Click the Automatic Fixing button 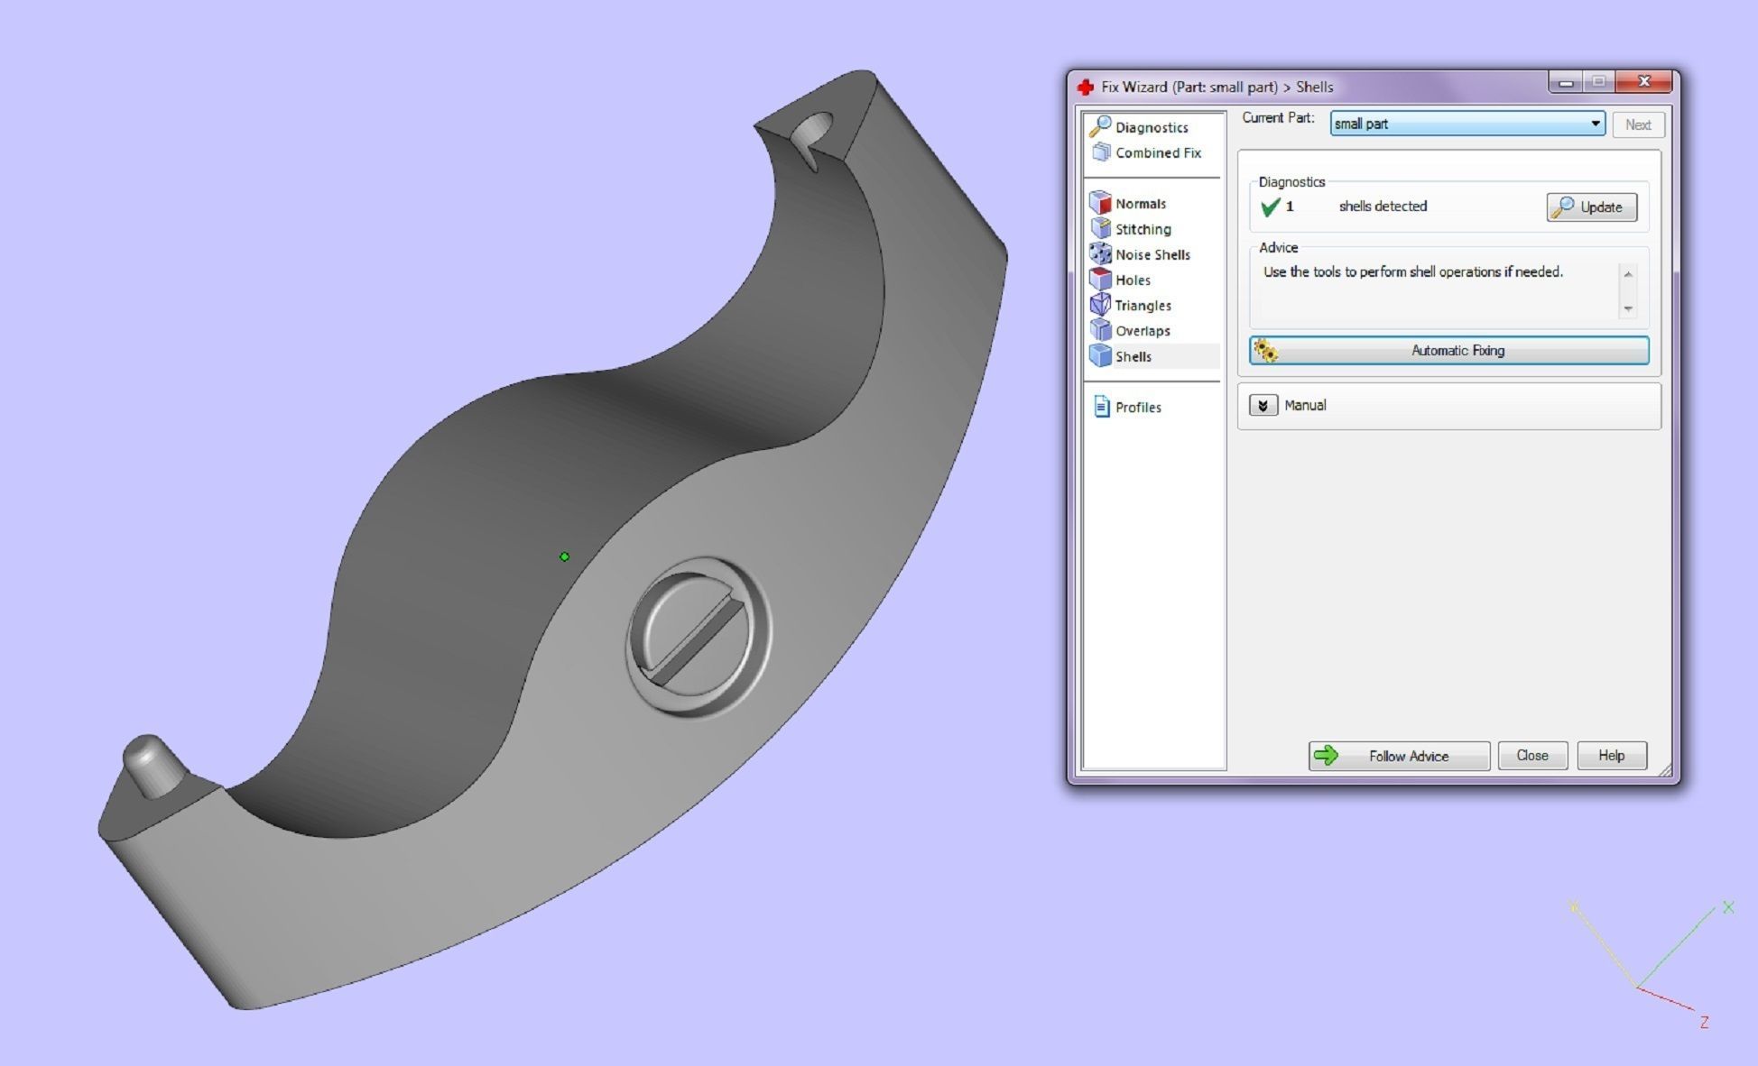1448,351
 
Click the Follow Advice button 1399,756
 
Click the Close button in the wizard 1531,756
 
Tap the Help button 1611,756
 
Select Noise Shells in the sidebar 1152,255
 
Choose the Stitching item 1143,229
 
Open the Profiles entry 1137,408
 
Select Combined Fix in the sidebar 1157,153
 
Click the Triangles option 1143,306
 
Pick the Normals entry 1140,204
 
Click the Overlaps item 1142,331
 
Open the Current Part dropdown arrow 1595,124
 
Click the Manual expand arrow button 1263,406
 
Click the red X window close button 1643,82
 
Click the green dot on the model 564,556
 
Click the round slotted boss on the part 698,636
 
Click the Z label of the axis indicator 1704,1023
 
